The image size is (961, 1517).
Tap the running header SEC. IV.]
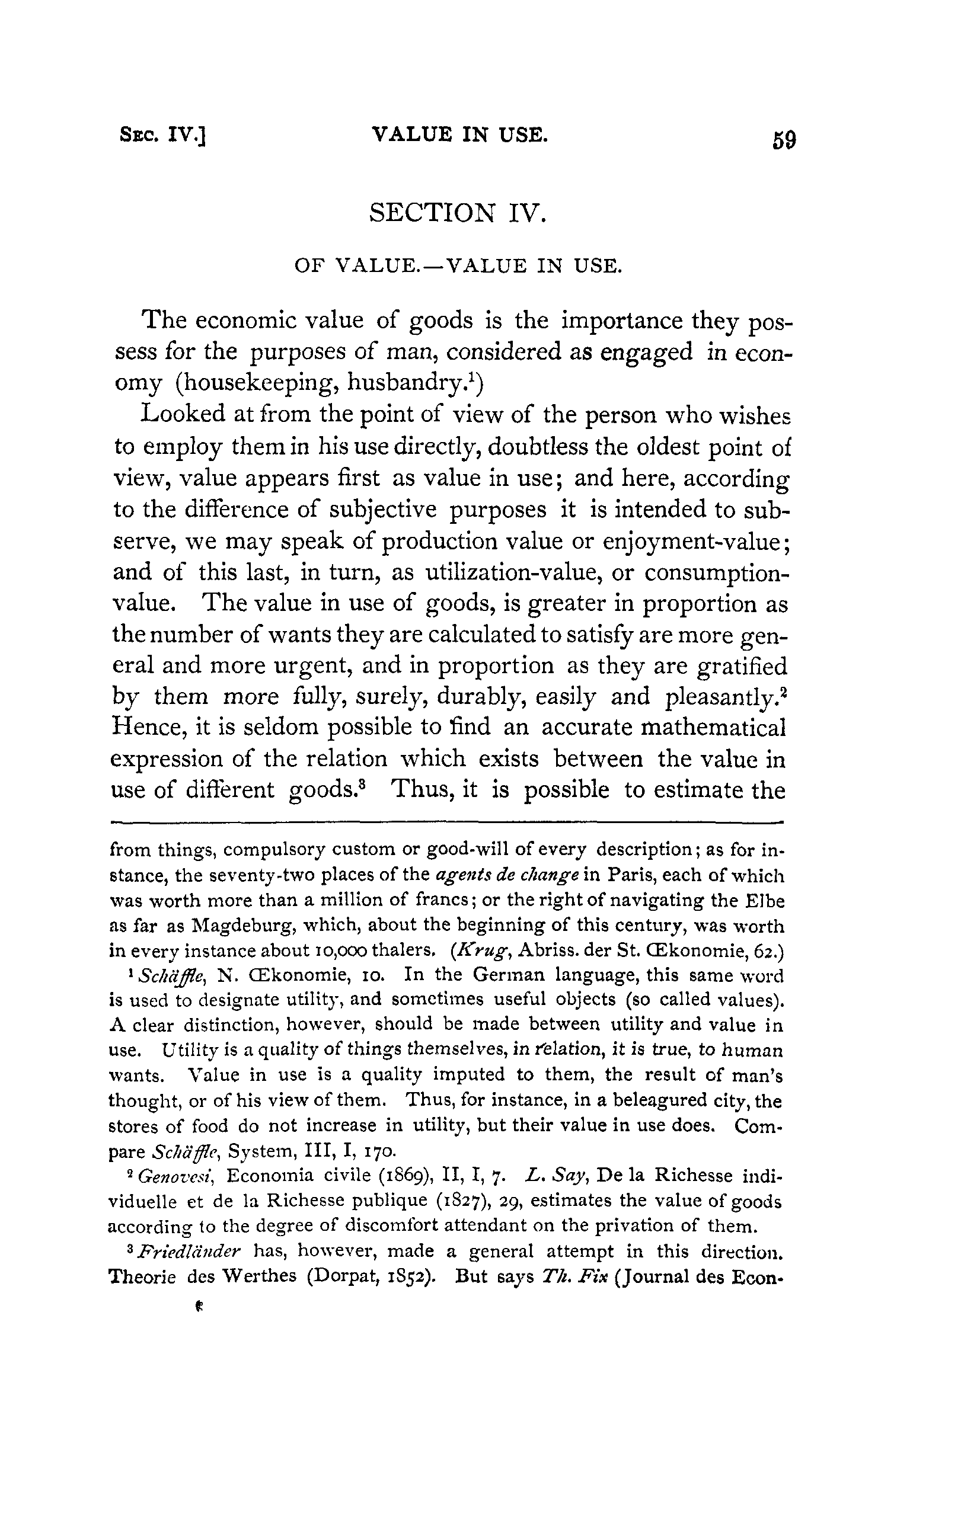[x=163, y=136]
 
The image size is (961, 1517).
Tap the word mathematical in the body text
[x=713, y=727]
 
